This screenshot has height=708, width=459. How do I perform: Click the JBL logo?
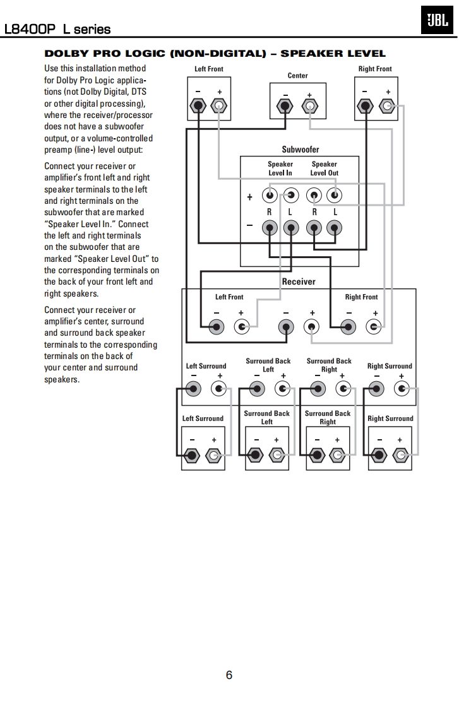point(437,21)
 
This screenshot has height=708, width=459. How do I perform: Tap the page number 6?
point(229,675)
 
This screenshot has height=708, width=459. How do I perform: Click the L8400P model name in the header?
point(30,29)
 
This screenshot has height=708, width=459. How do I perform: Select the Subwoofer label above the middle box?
point(300,150)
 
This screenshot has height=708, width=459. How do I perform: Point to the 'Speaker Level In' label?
point(280,168)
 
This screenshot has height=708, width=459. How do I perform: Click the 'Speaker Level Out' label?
point(324,168)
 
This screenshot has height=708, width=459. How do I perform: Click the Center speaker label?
point(297,76)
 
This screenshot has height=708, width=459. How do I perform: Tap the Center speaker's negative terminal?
point(287,106)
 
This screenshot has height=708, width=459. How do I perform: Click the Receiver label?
point(299,281)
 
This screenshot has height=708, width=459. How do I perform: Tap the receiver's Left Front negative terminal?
point(217,326)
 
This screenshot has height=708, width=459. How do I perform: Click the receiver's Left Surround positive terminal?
point(219,389)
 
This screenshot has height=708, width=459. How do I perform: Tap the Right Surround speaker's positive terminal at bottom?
point(400,455)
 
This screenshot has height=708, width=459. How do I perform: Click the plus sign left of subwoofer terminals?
point(249,198)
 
